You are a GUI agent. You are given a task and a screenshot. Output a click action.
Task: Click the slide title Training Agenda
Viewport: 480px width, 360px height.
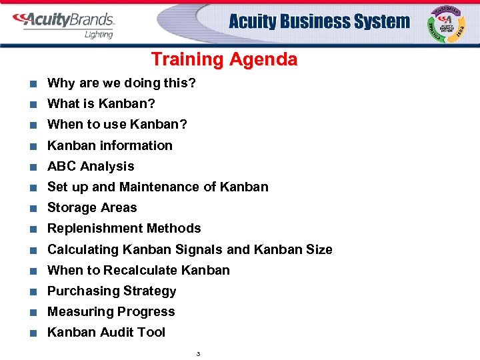(x=224, y=59)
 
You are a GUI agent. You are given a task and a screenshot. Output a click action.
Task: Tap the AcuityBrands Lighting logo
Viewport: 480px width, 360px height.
(x=64, y=25)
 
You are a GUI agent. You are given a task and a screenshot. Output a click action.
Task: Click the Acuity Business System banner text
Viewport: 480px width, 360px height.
(x=319, y=22)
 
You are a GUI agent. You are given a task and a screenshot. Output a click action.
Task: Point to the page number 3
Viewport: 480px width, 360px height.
(x=198, y=353)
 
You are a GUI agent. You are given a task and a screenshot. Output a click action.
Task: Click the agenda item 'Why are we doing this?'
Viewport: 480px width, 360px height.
(x=121, y=83)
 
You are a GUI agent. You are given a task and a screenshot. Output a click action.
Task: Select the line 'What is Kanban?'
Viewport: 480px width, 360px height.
(x=101, y=104)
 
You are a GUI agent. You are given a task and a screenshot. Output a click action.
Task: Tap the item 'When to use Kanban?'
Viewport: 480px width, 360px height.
(x=117, y=125)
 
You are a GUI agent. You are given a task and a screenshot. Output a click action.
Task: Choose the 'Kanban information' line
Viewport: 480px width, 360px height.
(x=109, y=145)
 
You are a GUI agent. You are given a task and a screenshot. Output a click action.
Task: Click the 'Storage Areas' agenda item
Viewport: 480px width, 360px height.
(x=92, y=207)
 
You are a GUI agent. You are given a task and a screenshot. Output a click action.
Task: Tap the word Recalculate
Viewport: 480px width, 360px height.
(x=141, y=270)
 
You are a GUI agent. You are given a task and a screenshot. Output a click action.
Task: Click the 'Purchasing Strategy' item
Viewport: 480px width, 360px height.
(x=112, y=291)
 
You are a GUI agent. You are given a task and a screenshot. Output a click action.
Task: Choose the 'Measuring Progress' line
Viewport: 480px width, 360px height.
(x=111, y=311)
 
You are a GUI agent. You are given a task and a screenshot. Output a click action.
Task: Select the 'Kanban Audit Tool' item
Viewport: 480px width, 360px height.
(x=106, y=332)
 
